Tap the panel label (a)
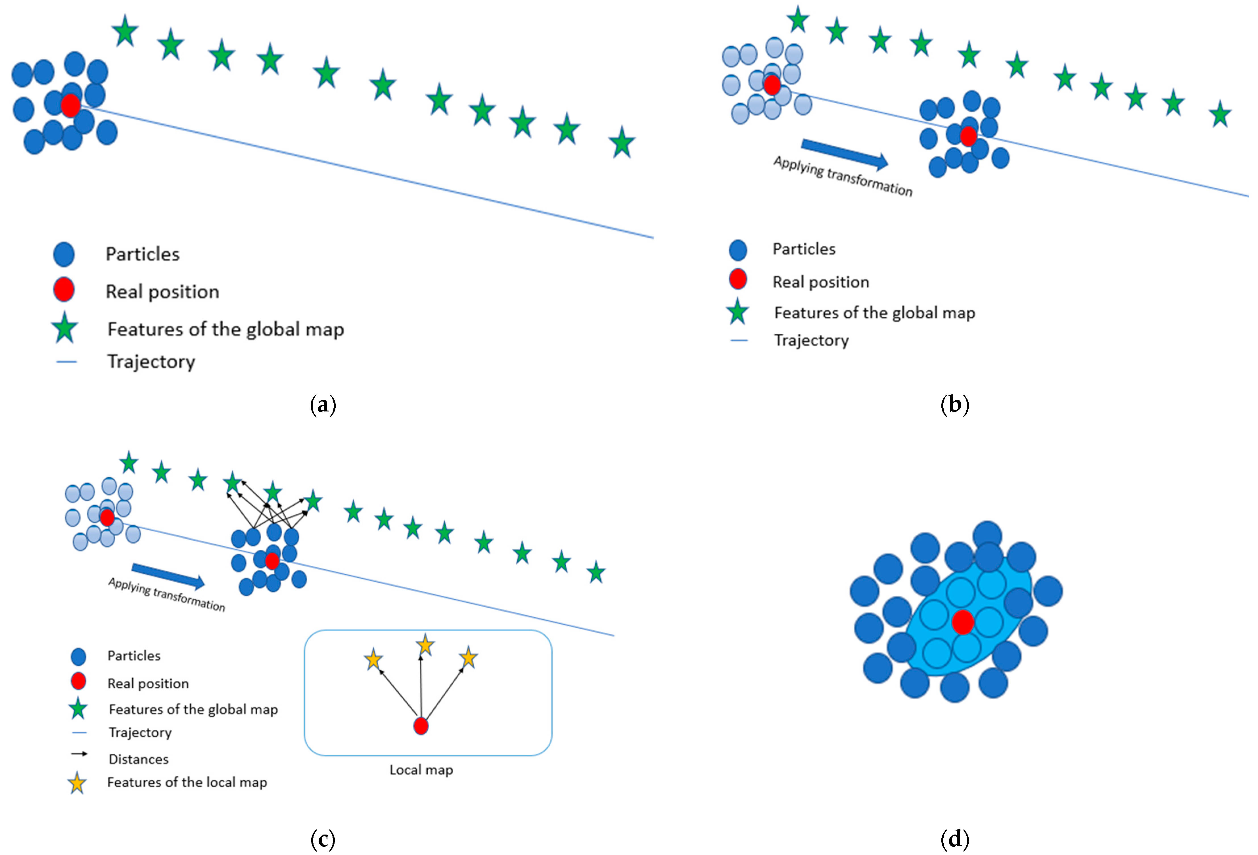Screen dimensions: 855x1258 click(323, 404)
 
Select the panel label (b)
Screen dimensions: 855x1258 click(955, 404)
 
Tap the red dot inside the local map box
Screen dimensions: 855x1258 click(421, 726)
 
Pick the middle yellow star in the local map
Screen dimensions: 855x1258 click(425, 645)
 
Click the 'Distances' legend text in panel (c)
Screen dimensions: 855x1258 click(139, 759)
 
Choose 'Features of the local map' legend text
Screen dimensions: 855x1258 click(187, 783)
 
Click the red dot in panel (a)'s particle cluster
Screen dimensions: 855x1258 click(70, 105)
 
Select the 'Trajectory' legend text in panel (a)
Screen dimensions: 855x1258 click(151, 361)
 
